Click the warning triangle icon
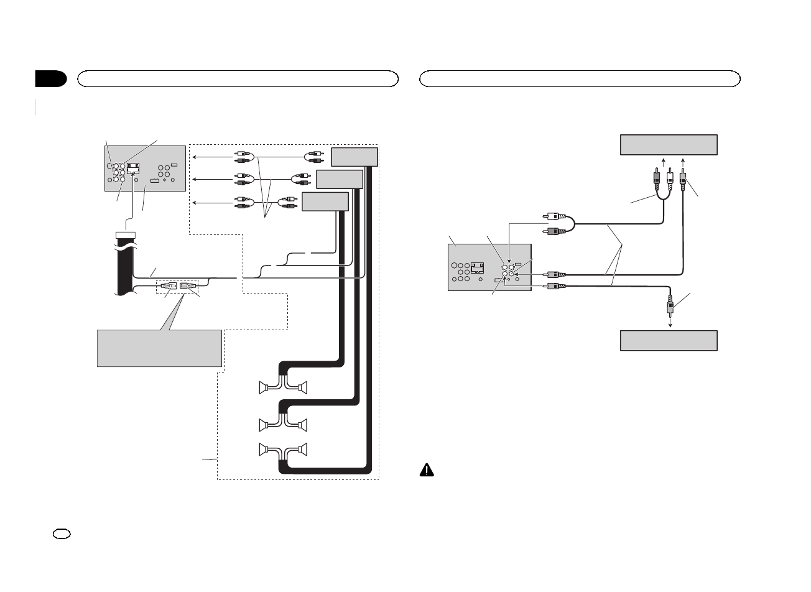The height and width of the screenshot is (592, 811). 427,471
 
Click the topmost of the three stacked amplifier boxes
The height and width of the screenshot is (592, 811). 355,157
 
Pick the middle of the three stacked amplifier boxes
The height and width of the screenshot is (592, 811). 340,179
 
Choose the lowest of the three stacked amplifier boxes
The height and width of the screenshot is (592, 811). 325,201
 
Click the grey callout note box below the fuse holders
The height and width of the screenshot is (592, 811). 159,348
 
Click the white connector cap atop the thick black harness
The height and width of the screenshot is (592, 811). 126,235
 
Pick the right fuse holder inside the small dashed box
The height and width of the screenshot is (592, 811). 189,286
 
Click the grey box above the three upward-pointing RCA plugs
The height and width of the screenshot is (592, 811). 669,144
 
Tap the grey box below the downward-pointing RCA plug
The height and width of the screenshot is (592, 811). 669,341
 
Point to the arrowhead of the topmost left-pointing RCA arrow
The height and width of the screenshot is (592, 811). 193,156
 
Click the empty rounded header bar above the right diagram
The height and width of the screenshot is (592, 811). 580,78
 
